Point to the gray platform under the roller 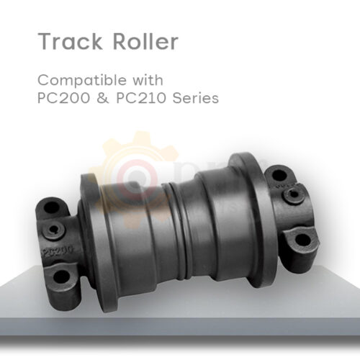tap(180, 317)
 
